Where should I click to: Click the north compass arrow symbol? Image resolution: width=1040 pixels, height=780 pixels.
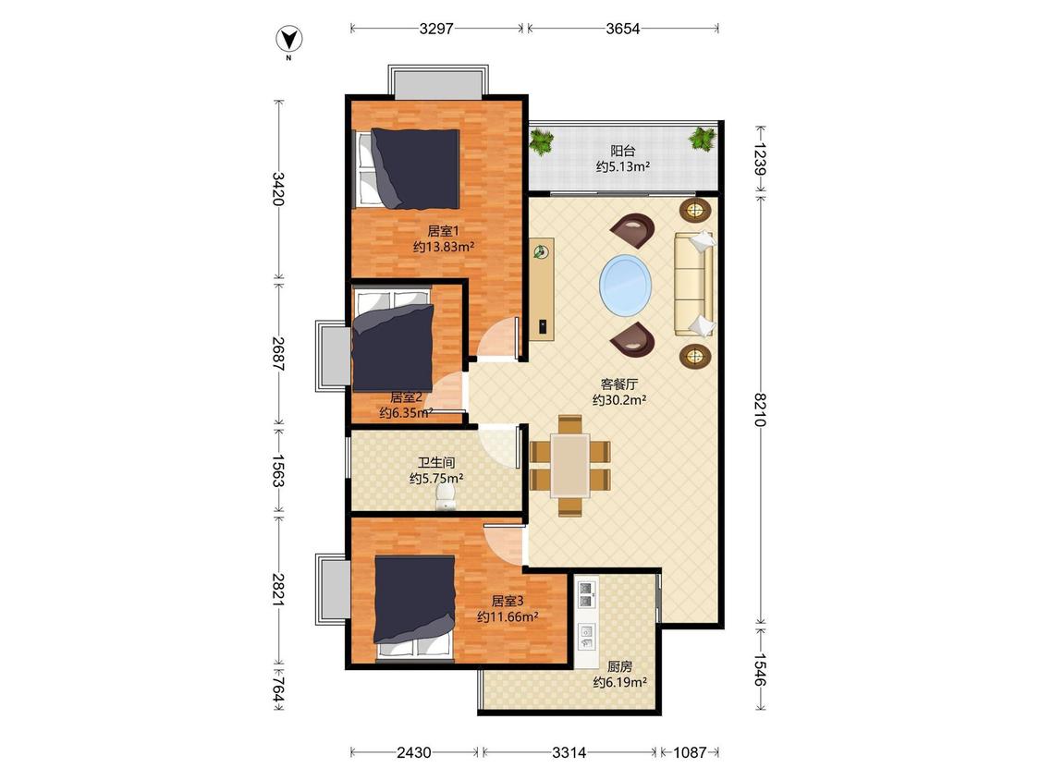[289, 40]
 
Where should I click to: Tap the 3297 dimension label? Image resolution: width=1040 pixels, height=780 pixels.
[436, 29]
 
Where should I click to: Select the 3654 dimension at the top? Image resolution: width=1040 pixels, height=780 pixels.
[623, 29]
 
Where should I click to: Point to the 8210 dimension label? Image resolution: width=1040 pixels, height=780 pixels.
[760, 409]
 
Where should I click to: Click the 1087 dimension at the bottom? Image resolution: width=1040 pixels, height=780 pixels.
[690, 752]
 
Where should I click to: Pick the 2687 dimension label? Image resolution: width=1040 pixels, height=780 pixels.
[278, 354]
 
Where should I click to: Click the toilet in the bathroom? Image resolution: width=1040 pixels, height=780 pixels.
[446, 496]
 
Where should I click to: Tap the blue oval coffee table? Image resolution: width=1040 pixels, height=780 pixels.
[626, 286]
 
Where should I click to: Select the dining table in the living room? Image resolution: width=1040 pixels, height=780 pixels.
[570, 465]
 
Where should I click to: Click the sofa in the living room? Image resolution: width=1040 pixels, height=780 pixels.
[693, 284]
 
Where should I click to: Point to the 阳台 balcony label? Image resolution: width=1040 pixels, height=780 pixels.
[623, 152]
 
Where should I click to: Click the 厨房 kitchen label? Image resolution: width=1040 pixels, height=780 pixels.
[620, 666]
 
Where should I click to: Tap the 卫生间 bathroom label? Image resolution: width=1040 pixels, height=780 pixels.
[436, 462]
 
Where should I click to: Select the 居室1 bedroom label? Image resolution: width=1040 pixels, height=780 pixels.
[443, 231]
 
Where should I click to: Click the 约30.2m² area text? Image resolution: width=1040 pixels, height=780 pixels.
[619, 400]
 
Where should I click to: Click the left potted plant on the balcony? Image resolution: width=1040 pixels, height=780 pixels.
[542, 142]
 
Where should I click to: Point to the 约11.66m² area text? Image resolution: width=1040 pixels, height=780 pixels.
[508, 616]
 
